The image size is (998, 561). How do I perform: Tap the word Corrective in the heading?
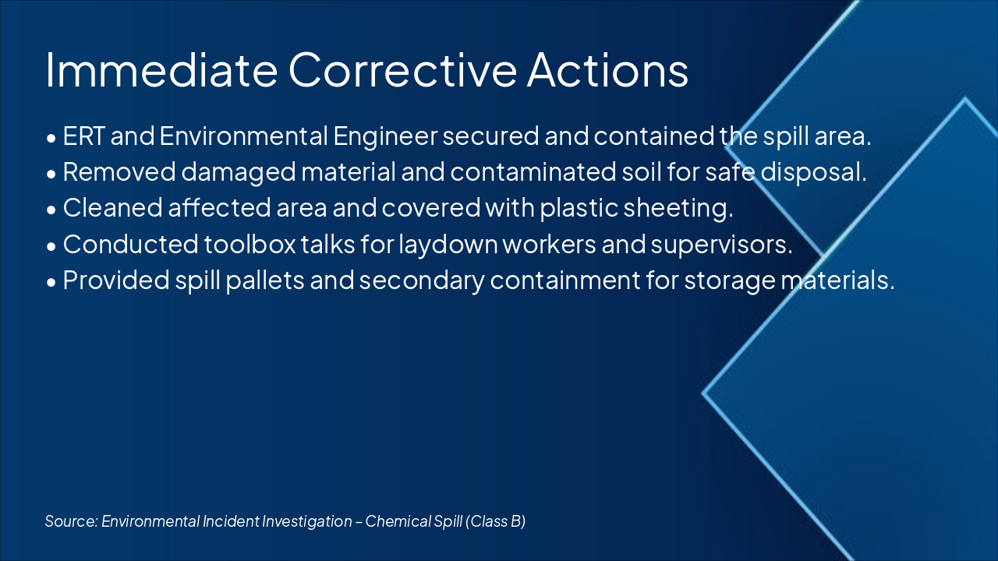(x=402, y=69)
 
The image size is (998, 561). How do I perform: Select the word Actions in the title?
(x=607, y=69)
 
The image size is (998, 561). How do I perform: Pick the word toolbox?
(x=250, y=244)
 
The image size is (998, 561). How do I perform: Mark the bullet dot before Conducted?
(x=51, y=245)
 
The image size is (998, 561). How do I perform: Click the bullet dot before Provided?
(x=51, y=281)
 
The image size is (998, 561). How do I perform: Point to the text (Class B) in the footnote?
(x=496, y=521)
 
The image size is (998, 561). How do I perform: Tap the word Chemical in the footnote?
(x=394, y=521)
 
